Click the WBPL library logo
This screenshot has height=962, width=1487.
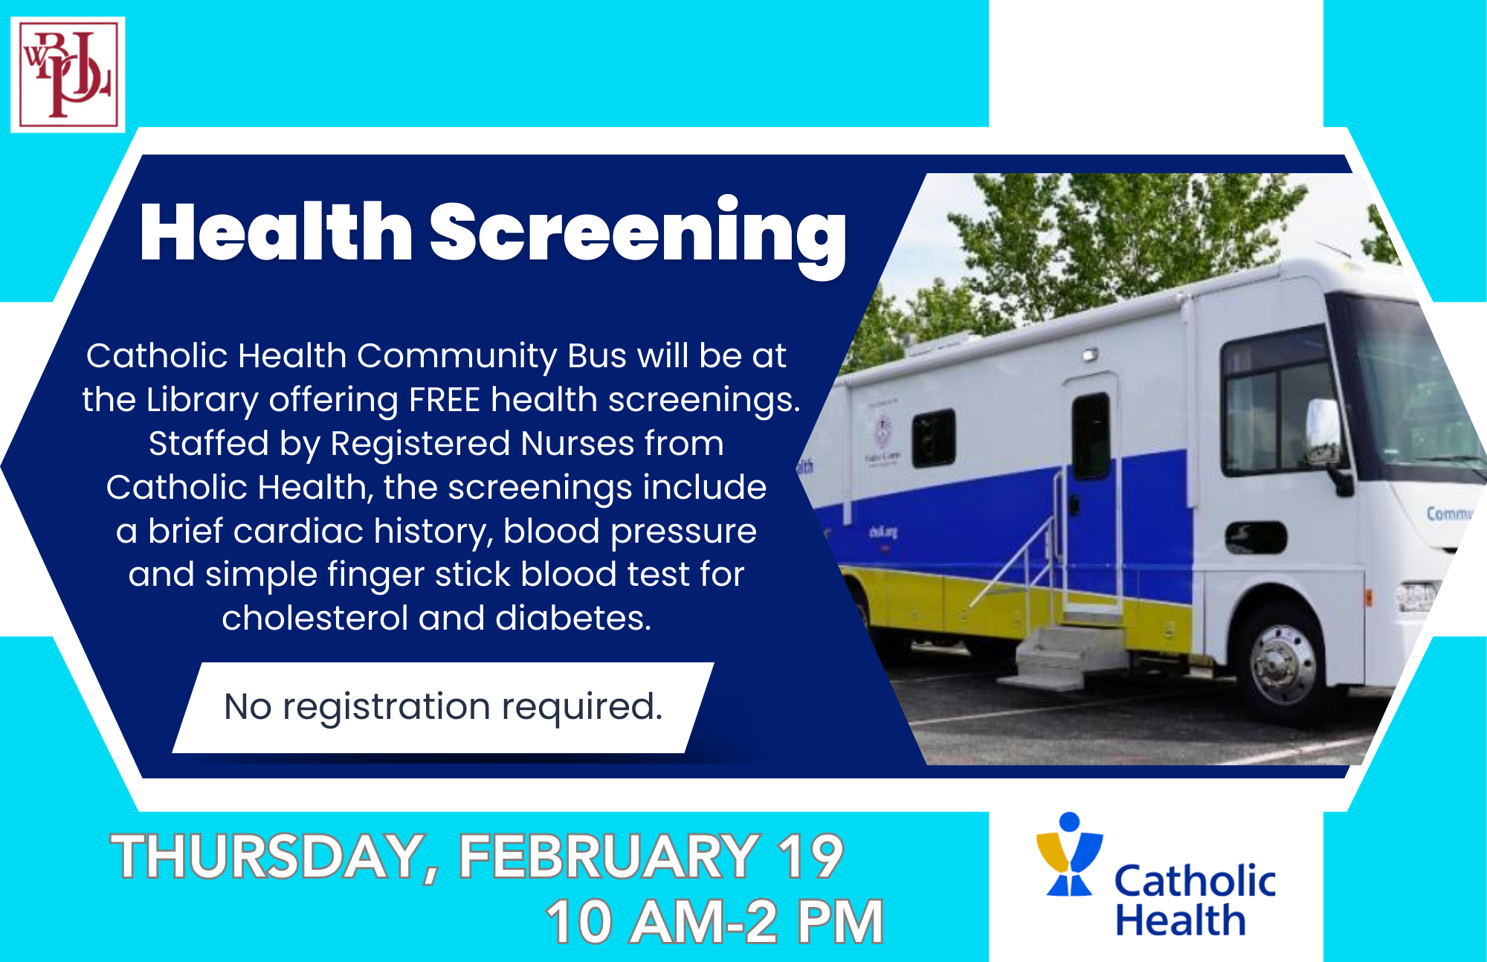coord(68,74)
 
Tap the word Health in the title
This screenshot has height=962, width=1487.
coord(276,232)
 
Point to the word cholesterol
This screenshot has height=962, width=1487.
coord(315,618)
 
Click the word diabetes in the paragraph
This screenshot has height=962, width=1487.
coord(573,618)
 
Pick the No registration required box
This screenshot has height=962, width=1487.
coord(443,707)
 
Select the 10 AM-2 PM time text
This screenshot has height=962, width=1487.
coord(715,922)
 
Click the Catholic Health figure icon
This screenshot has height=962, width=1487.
coord(1070,854)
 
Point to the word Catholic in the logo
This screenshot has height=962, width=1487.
coord(1195,881)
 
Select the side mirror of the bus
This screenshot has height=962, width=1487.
coord(1324,435)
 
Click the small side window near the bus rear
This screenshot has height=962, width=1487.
coord(933,438)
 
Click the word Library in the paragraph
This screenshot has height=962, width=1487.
coord(201,401)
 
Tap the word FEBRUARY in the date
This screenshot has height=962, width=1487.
coord(609,856)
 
